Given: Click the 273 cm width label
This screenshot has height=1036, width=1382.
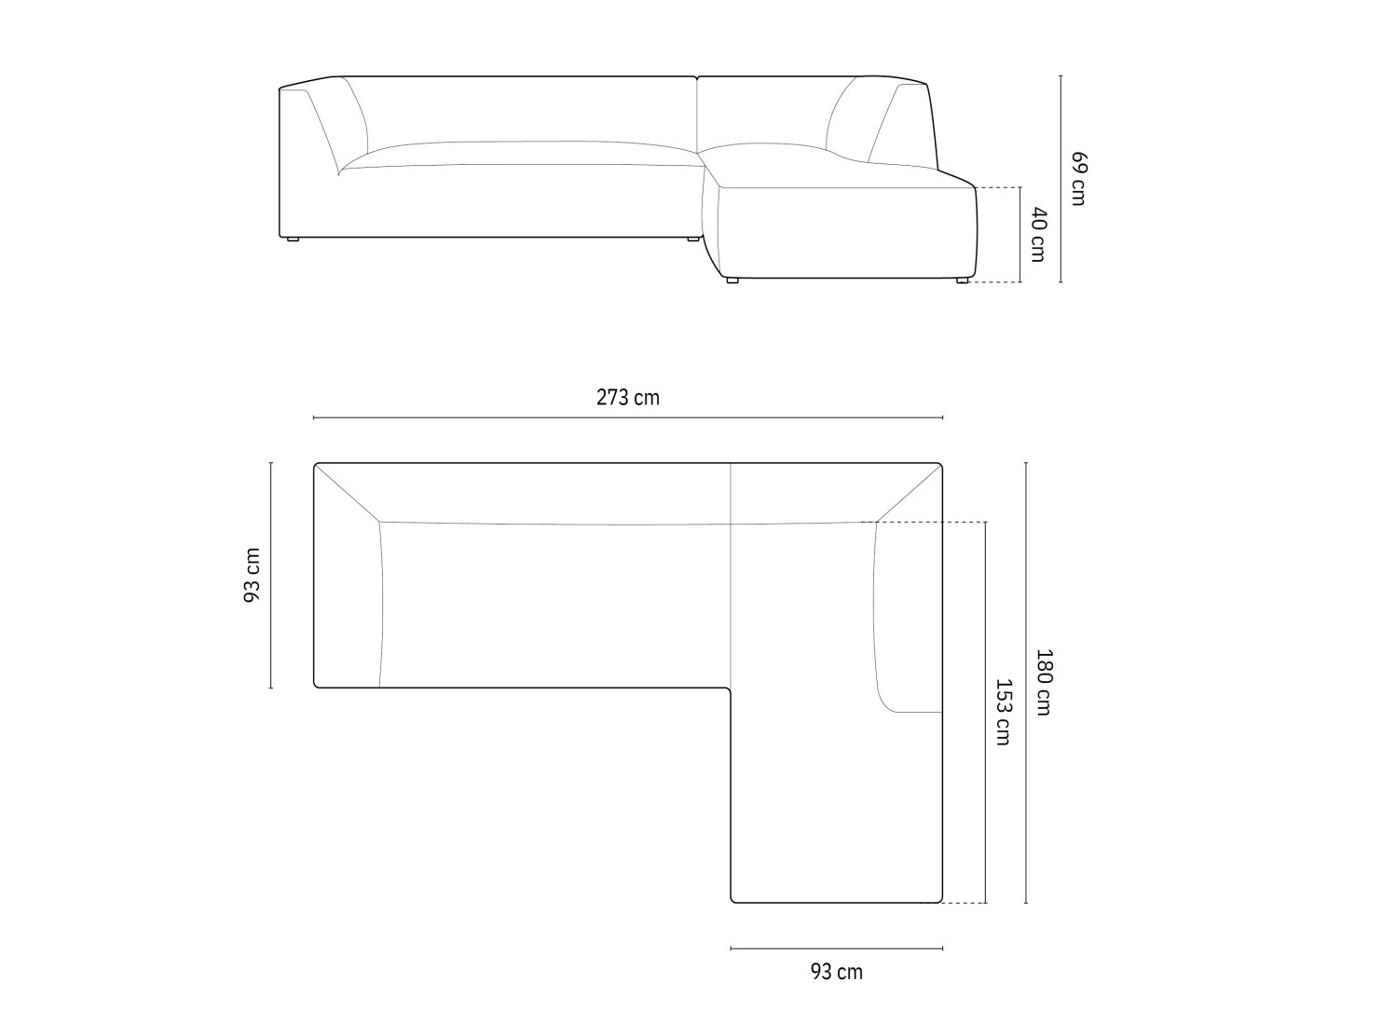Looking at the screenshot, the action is pos(628,398).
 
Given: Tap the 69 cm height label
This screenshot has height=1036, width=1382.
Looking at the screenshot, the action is pos(1078,179).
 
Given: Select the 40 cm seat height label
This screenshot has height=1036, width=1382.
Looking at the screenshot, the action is pos(1038,235).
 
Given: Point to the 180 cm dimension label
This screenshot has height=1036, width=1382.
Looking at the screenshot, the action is pos(1044,682).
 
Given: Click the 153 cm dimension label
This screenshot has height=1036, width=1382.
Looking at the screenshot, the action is pos(1003,712).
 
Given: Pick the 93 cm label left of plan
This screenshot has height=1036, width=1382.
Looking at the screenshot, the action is pos(252,575).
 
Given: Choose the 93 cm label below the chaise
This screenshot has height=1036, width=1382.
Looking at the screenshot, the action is pos(836,973).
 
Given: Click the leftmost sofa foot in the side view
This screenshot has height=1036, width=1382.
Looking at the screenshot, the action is pos(292,239).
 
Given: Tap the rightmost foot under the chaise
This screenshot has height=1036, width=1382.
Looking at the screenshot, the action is pos(962,280).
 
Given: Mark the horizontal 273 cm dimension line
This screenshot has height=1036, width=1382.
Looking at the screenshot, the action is pos(628,417).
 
